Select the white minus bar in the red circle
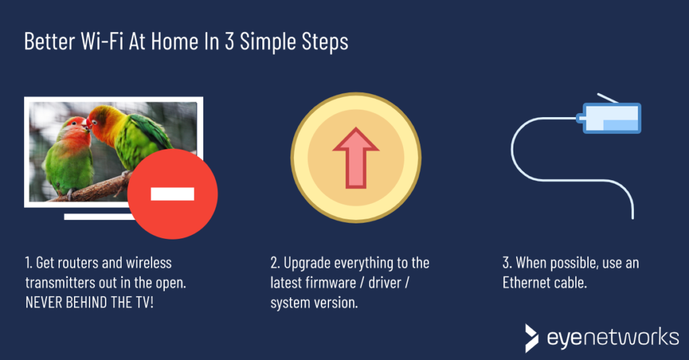coord(172,194)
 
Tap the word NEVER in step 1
coord(44,303)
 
